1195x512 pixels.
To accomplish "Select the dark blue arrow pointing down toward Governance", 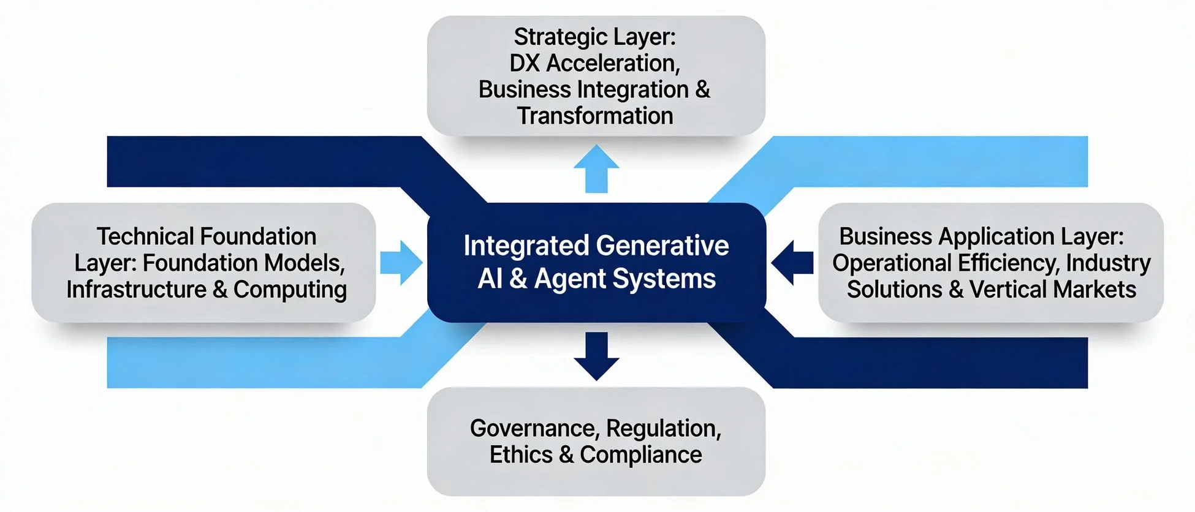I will click(x=596, y=355).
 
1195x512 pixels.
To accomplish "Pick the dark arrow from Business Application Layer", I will click(x=792, y=263).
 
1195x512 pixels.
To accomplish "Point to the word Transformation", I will click(x=595, y=116).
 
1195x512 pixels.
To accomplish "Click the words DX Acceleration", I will click(x=594, y=63).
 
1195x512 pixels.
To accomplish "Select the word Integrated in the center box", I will click(x=525, y=246).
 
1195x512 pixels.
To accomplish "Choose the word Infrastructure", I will click(x=136, y=290).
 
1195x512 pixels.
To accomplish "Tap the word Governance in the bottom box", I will click(x=533, y=429).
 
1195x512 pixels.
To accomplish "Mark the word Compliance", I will click(x=641, y=455).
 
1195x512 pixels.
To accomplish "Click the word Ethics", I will click(x=521, y=455).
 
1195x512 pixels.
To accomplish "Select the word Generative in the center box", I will click(x=662, y=246).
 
